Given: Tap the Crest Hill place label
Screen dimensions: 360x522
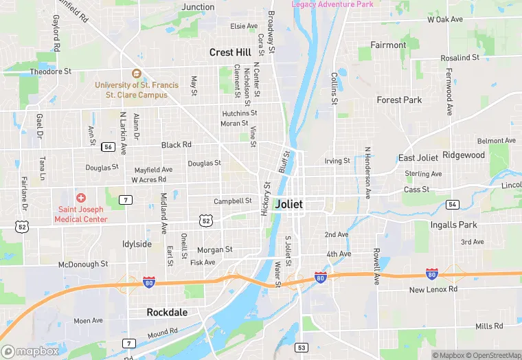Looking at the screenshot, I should pos(231,52).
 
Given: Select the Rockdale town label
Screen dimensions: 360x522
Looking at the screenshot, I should pos(167,312).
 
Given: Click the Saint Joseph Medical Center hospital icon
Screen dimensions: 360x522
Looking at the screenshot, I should pos(81,198).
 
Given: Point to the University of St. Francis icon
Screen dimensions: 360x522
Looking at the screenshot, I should pos(136,74).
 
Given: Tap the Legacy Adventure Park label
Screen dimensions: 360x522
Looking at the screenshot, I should pos(332,4).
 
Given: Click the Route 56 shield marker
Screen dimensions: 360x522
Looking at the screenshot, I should pos(108,146).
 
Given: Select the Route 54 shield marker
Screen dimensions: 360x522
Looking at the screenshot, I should pos(452,205).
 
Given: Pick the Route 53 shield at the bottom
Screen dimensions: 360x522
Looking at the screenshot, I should pos(301,348).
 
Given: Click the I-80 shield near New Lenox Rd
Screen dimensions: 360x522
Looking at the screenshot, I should pos(431,274).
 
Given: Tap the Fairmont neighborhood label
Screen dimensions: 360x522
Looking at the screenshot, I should pos(388,45).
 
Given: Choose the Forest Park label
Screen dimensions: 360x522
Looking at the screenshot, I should pos(399,100).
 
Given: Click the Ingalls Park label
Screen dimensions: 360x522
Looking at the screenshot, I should pos(453,225).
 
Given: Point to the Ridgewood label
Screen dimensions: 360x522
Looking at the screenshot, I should pos(464,155).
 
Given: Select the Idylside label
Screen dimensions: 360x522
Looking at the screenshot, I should pos(137,244).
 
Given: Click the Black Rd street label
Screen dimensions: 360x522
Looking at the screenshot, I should pos(177,145).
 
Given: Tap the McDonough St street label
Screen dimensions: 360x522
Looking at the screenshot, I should pos(83,264).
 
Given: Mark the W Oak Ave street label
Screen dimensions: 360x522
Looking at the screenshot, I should pos(445,19).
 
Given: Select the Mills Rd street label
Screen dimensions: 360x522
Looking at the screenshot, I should pos(489,326).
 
